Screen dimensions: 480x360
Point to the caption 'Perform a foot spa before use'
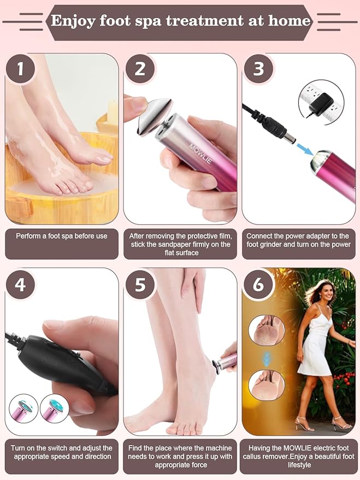(62, 236)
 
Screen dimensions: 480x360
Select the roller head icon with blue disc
(54, 408)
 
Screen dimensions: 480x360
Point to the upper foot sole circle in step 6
(266, 330)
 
